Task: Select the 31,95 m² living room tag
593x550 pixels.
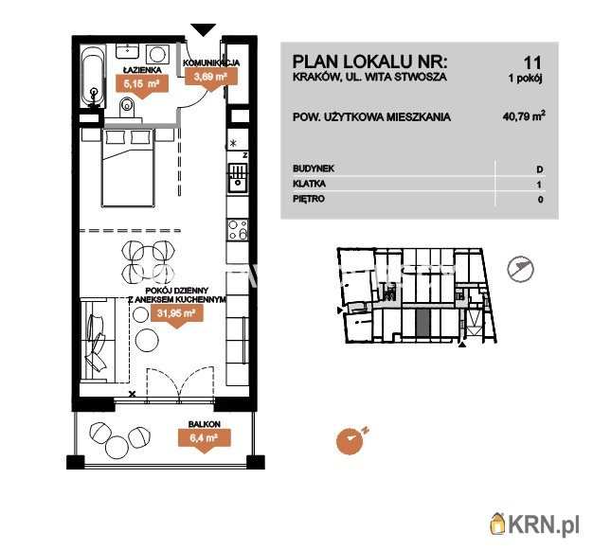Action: pos(175,314)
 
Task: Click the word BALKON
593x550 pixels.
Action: pos(204,424)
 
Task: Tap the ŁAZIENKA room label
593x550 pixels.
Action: pos(141,70)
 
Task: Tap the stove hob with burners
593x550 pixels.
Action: pos(237,229)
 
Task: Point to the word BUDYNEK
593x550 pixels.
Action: pos(314,168)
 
